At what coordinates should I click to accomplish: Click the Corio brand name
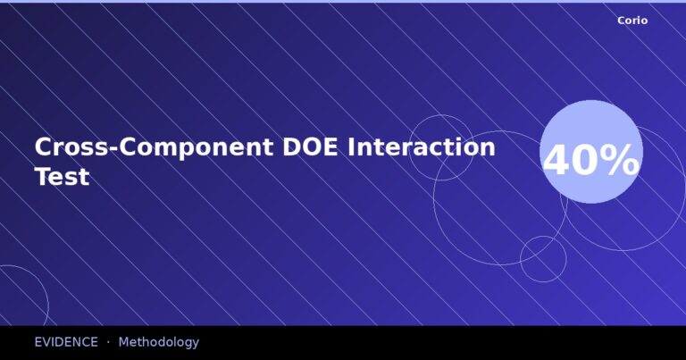click(632, 21)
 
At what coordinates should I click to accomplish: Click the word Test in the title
click(62, 177)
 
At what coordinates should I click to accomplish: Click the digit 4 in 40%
click(557, 162)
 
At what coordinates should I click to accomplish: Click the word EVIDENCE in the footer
click(66, 342)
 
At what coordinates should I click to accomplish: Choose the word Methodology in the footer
click(158, 342)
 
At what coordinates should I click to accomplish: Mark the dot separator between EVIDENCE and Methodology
click(108, 342)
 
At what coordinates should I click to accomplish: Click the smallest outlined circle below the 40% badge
click(543, 259)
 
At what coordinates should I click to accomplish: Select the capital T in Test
click(43, 177)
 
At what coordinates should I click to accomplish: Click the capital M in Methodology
click(124, 342)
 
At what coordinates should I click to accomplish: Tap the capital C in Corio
click(621, 21)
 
